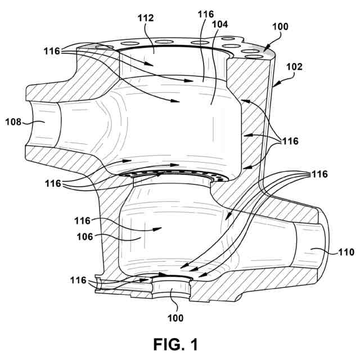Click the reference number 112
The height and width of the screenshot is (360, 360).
click(x=146, y=19)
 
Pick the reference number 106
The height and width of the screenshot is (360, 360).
click(x=85, y=237)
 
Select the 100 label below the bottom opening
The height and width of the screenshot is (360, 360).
click(x=175, y=318)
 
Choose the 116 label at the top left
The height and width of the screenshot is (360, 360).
click(x=53, y=51)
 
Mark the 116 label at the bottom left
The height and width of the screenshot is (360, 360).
click(x=79, y=280)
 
